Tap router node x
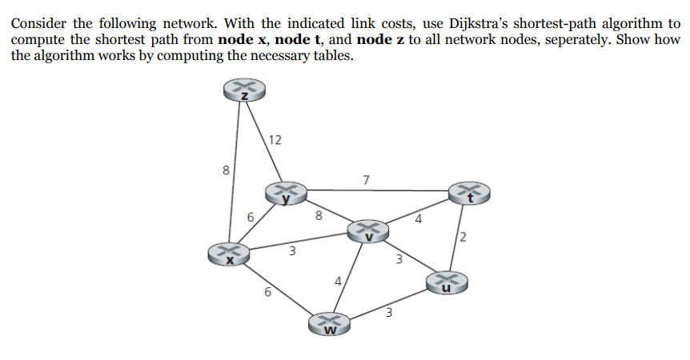coord(227,254)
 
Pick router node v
coord(367,230)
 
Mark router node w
coord(330,323)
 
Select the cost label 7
coord(366,179)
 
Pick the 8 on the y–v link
coord(319,214)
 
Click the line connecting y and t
coord(376,191)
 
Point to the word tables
coord(331,56)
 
